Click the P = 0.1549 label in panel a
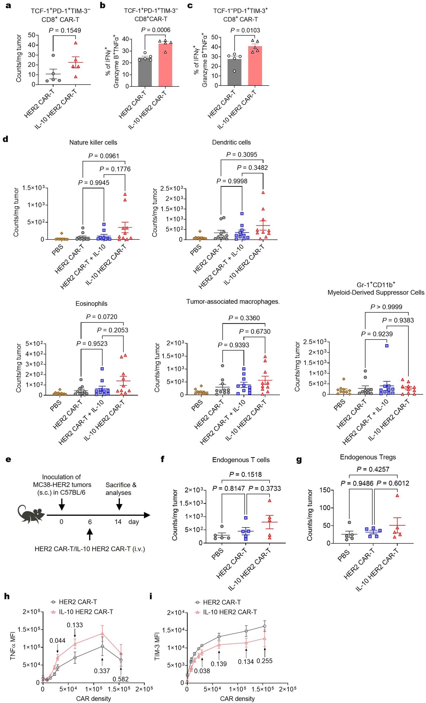pos(65,30)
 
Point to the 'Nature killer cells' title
pos(93,142)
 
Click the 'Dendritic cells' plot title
pos(231,142)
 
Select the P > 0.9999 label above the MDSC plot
pos(386,307)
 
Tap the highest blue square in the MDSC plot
pos(387,346)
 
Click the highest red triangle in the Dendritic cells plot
pos(263,193)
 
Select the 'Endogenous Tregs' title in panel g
pos(368,457)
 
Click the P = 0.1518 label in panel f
pos(245,474)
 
